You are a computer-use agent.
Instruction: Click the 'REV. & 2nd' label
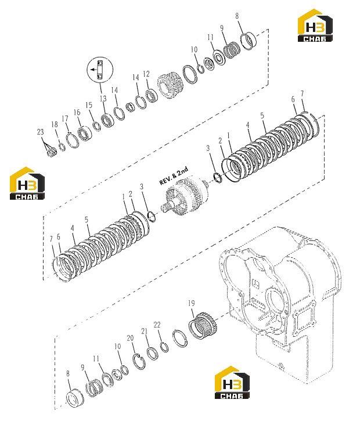(x=174, y=176)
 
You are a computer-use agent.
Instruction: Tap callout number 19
(x=191, y=303)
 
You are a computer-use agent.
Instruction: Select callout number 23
(x=40, y=132)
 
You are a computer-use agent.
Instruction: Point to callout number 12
(x=146, y=74)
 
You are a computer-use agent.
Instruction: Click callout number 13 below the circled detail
(x=103, y=99)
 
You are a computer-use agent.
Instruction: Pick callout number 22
(x=157, y=325)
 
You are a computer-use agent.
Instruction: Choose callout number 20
(x=130, y=339)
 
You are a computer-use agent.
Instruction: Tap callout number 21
(x=145, y=332)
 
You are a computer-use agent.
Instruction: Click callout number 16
(x=77, y=112)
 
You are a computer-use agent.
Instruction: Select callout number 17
(x=65, y=118)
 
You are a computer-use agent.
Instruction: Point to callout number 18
(x=55, y=124)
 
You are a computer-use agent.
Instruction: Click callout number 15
(x=89, y=105)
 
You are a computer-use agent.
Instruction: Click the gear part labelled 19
(x=202, y=326)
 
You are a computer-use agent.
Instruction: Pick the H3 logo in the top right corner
(x=315, y=26)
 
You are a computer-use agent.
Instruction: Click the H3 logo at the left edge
(x=27, y=183)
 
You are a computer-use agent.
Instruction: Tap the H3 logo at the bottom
(x=232, y=382)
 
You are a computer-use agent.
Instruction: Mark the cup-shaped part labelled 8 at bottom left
(x=75, y=397)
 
